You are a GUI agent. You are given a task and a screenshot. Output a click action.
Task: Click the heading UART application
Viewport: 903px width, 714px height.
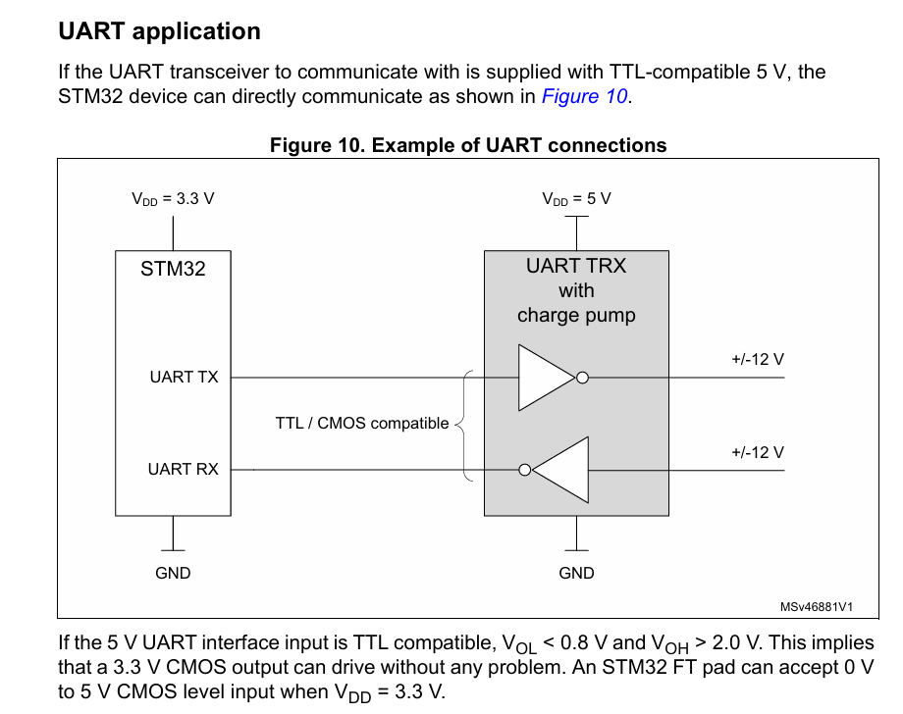[x=159, y=31]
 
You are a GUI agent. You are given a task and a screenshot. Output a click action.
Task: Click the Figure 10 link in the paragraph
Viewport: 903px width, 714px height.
[x=584, y=96]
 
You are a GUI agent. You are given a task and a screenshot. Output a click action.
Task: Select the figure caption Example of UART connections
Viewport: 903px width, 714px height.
[x=468, y=145]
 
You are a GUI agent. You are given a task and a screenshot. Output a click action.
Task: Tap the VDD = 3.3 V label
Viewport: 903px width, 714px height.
[x=173, y=198]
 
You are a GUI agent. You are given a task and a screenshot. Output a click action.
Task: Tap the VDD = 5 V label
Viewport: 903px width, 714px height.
[x=576, y=198]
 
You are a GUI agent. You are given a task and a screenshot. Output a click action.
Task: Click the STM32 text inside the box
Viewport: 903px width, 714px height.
[x=173, y=269]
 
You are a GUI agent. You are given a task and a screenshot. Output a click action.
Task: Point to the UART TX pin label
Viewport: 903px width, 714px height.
[x=184, y=377]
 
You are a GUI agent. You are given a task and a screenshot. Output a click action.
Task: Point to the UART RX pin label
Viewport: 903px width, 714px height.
[x=183, y=469]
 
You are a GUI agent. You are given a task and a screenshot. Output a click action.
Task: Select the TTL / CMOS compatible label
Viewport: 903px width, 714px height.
[x=362, y=424]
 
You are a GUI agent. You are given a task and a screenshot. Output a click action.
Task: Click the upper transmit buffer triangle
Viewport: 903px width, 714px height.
[x=545, y=377]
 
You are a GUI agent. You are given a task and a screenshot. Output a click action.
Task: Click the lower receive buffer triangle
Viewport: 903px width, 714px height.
[x=560, y=469]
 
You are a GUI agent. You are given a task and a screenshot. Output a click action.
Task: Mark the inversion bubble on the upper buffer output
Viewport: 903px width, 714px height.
[x=582, y=377]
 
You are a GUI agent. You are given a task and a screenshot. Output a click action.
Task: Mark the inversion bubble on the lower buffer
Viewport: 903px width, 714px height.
[x=525, y=469]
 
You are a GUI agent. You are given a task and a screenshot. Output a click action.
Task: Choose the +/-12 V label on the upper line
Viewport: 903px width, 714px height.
[x=757, y=360]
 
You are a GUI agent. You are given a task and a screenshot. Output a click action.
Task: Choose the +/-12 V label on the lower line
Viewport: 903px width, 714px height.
[x=757, y=452]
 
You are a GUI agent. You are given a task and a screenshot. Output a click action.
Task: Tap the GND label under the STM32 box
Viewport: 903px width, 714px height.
[x=173, y=573]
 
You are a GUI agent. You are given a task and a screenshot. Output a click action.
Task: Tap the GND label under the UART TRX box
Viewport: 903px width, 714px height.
[x=576, y=573]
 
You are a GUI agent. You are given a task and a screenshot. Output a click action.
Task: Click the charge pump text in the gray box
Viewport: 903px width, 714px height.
[x=576, y=316]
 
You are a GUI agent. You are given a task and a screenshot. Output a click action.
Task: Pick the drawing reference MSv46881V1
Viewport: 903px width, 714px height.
[x=816, y=607]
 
